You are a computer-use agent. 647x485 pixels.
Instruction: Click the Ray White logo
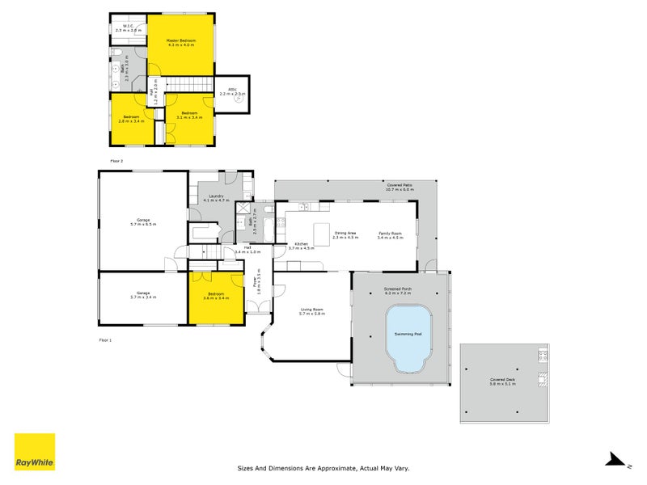click(35, 452)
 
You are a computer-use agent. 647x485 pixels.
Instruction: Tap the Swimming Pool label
click(408, 333)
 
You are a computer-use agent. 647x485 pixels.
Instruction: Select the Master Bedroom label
click(182, 43)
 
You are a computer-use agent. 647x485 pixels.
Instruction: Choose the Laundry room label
click(216, 197)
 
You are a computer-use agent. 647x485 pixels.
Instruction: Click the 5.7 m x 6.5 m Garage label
click(144, 221)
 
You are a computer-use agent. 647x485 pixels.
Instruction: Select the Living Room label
click(311, 311)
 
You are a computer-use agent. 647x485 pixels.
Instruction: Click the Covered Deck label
click(502, 382)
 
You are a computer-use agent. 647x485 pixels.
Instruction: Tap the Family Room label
click(390, 235)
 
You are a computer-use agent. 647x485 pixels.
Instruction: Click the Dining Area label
click(346, 235)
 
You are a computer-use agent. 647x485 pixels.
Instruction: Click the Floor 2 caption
click(116, 161)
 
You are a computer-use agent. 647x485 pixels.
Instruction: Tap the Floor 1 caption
click(104, 340)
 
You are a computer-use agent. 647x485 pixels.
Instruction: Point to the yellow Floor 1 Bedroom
click(216, 297)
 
